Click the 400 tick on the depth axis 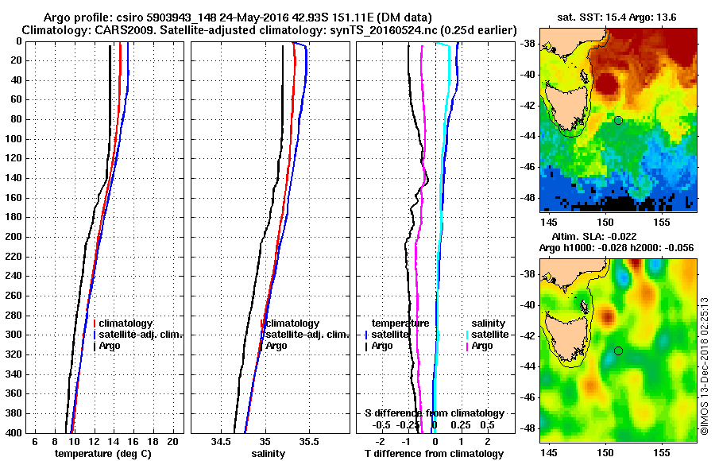[14, 432]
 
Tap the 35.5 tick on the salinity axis [310, 440]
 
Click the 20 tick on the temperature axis [172, 440]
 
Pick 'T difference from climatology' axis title [434, 454]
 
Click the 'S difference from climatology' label [434, 413]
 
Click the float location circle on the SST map [618, 120]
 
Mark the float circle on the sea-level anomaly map [618, 351]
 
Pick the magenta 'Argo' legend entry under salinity [481, 346]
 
